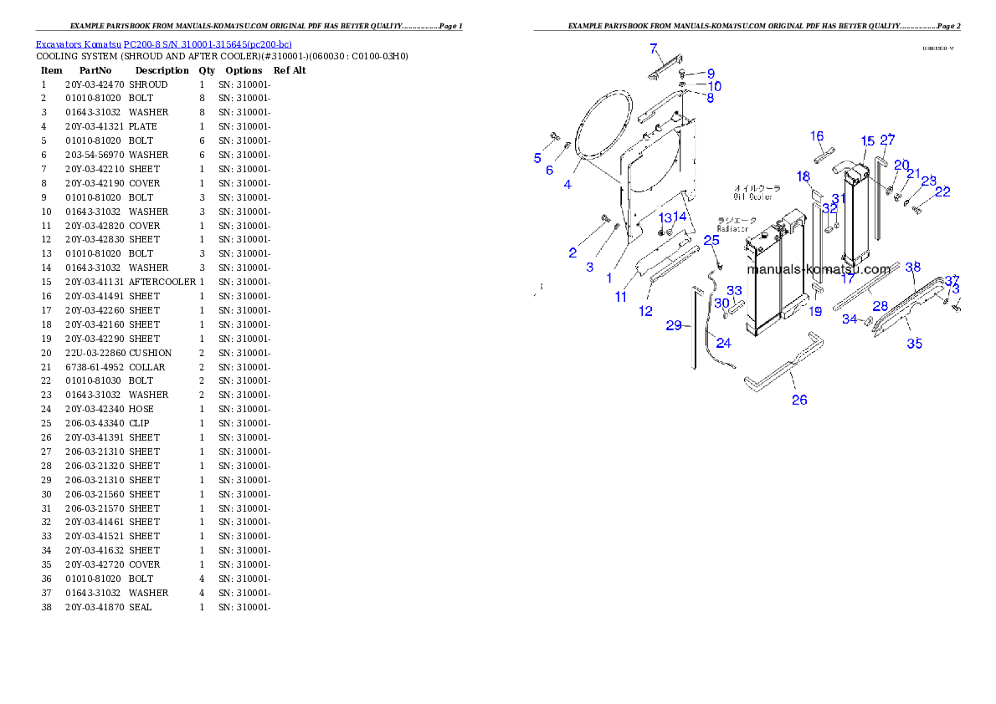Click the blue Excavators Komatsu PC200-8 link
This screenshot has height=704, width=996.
[x=163, y=43]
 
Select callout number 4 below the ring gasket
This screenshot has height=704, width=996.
[x=567, y=184]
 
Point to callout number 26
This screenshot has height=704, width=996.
[x=799, y=400]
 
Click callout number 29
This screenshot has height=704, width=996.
[x=674, y=325]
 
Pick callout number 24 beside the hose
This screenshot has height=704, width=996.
[x=723, y=343]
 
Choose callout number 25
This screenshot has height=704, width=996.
[x=711, y=240]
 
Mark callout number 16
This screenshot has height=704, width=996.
[x=817, y=136]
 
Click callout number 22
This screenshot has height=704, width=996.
[x=942, y=191]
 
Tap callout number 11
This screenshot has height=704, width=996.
[x=620, y=297]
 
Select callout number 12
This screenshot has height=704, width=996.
[x=645, y=311]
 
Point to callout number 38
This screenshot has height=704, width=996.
[x=913, y=267]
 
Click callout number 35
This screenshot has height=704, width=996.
[x=915, y=343]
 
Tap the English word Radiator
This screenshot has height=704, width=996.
[x=732, y=228]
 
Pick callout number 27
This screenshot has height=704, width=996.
[x=887, y=140]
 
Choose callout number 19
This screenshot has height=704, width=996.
[x=815, y=311]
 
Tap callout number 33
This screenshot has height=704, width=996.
[x=734, y=291]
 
